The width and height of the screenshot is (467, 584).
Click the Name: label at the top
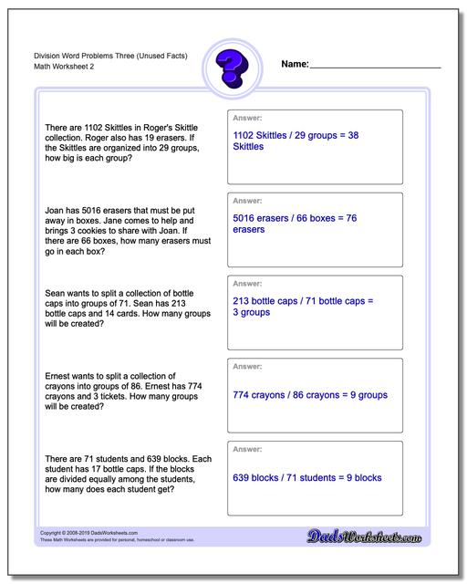tap(295, 65)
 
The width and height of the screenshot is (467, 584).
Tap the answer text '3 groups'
tap(252, 312)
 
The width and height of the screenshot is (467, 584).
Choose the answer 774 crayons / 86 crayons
tap(310, 395)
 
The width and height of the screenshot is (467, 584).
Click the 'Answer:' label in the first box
tap(248, 119)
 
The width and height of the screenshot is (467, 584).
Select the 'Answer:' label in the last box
tap(248, 450)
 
